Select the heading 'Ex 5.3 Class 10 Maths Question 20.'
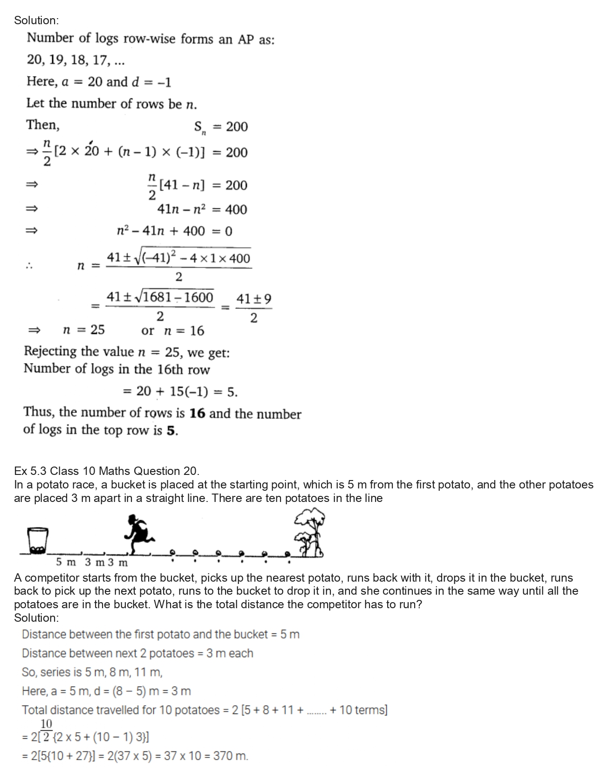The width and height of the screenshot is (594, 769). tap(107, 471)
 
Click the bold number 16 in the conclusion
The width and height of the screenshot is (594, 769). tap(198, 414)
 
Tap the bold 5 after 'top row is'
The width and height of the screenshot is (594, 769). tap(171, 430)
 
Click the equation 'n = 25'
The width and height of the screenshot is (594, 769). tap(84, 330)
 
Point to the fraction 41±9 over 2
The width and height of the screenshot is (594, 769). tap(253, 308)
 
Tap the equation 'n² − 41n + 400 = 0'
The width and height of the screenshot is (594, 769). tap(175, 231)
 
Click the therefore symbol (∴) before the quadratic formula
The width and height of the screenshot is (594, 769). tap(29, 266)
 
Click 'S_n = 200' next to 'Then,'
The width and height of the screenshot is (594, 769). tap(221, 127)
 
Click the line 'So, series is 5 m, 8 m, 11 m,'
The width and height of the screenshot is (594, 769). tap(92, 672)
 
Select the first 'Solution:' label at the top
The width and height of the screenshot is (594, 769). tap(36, 20)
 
